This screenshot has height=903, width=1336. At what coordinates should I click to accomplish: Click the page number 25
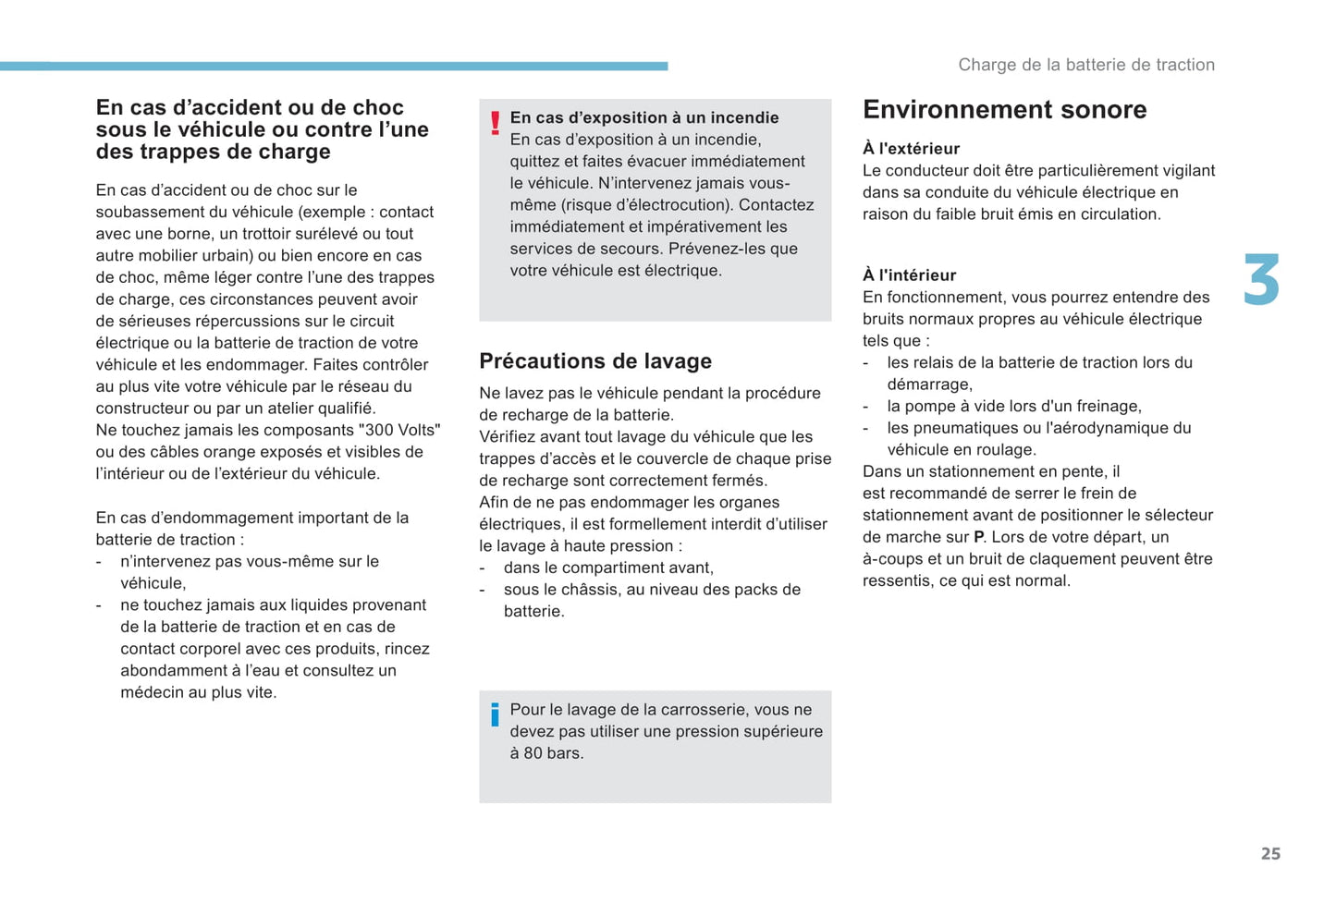[1270, 854]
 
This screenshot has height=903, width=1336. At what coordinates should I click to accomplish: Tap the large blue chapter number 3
[1261, 280]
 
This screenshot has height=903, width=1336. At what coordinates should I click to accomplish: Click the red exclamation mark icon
[496, 123]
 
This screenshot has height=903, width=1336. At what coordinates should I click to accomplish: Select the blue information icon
[496, 714]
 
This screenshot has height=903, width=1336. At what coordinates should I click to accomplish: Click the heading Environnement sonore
[1004, 110]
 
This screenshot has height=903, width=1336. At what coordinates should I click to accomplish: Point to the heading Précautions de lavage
[595, 361]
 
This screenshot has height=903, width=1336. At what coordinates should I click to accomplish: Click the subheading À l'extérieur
[911, 149]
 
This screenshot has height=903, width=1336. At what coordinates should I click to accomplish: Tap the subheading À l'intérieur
[909, 275]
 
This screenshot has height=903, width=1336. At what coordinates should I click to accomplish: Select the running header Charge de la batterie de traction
[1086, 65]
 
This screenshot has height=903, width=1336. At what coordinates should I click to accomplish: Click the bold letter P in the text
[978, 538]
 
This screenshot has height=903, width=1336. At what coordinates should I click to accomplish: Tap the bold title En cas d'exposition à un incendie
[644, 118]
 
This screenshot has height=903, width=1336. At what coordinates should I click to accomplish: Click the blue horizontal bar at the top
[333, 67]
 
